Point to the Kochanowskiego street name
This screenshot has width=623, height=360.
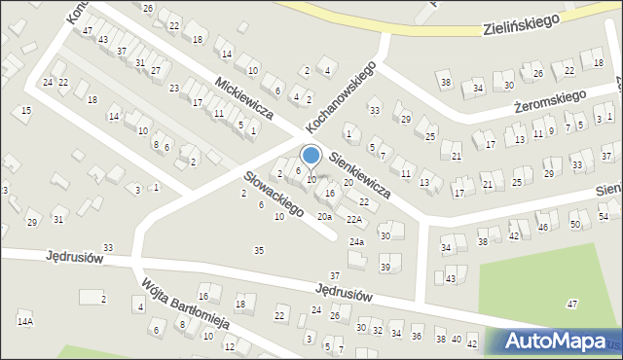(x=340, y=97)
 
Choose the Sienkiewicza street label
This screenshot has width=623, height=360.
(x=359, y=174)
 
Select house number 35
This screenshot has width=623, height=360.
(x=258, y=251)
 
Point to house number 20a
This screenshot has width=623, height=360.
(x=324, y=216)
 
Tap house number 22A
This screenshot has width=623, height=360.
(x=353, y=220)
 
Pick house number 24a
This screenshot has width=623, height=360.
(x=356, y=241)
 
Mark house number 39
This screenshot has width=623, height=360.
(x=385, y=268)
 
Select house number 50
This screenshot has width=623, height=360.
(x=574, y=225)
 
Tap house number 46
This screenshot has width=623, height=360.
(x=543, y=227)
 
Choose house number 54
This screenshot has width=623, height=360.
(x=604, y=216)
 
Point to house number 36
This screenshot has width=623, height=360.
(x=416, y=337)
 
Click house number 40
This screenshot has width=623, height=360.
(x=456, y=341)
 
